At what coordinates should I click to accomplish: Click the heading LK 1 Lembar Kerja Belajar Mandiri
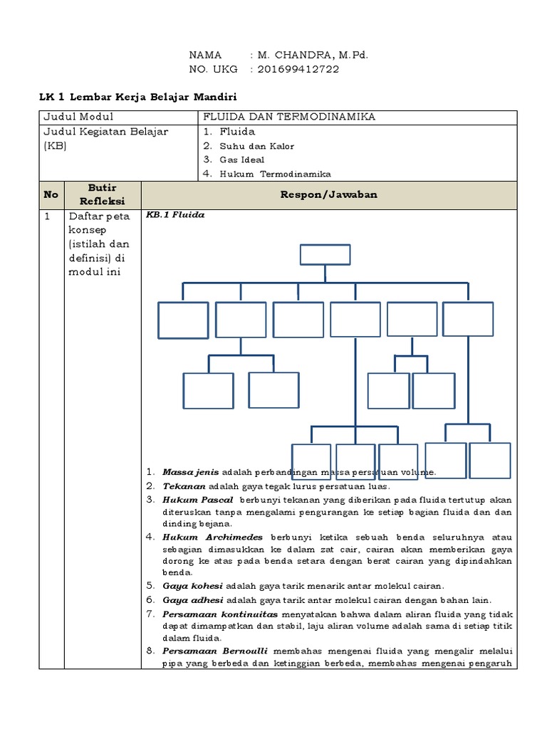[137, 96]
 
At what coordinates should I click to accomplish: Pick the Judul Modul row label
[78, 117]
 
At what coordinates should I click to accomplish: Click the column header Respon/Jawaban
[328, 194]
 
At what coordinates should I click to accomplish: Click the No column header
[51, 194]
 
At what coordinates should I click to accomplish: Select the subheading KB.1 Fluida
[175, 215]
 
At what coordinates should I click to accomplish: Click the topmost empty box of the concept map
[325, 254]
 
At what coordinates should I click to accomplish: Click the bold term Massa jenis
[191, 472]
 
